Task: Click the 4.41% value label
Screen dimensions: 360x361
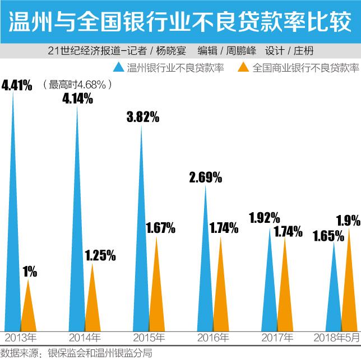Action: [17, 86]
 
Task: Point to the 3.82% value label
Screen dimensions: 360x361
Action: [143, 117]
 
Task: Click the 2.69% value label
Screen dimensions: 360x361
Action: [206, 178]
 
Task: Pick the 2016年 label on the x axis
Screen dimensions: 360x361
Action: [213, 338]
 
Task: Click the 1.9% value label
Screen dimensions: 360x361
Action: [348, 218]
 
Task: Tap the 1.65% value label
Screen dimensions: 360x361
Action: [327, 236]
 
